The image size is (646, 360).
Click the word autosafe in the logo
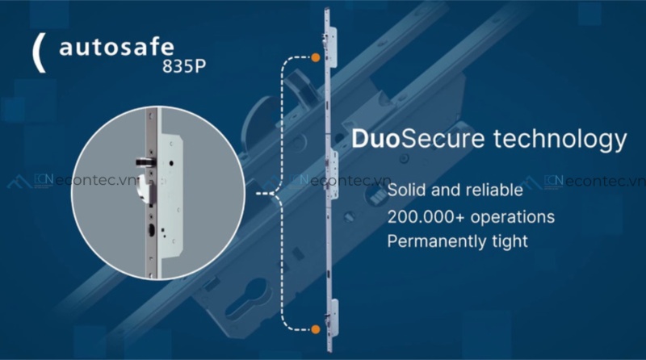[116, 48]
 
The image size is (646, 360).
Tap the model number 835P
[184, 66]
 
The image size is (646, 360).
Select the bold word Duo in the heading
[375, 138]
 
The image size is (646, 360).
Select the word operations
[513, 217]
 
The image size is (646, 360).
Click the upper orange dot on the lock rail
[316, 57]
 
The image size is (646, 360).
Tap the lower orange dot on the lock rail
[316, 329]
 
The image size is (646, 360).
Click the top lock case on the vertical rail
[332, 47]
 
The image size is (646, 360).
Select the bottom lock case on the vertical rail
[333, 317]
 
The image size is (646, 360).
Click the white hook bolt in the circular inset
[145, 188]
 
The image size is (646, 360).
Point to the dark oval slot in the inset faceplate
[152, 231]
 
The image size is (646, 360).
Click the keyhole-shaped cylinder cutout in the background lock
[246, 299]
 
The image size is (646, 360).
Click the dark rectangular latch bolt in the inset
[145, 162]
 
